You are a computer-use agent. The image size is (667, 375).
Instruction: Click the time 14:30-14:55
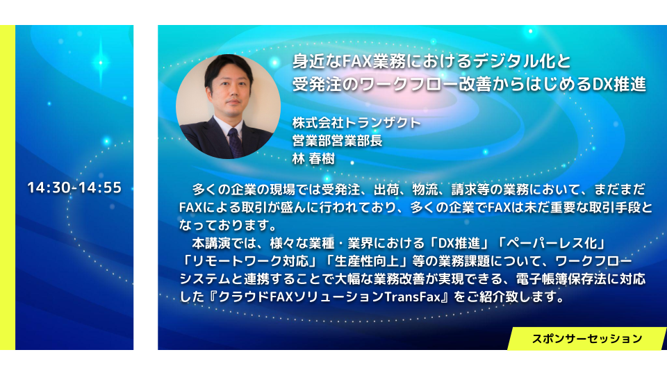[x=74, y=187]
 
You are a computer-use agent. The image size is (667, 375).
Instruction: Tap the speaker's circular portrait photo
[x=228, y=106]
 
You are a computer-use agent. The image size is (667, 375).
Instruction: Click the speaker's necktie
[x=236, y=142]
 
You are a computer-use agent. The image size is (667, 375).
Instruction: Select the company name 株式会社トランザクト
[x=356, y=123]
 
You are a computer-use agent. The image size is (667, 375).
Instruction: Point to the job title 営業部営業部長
[x=338, y=141]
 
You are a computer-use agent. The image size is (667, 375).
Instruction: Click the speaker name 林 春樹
[x=313, y=158]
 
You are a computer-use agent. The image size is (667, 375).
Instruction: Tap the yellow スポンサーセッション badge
[x=586, y=338]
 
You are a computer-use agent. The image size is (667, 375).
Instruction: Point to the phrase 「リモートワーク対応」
[x=251, y=261]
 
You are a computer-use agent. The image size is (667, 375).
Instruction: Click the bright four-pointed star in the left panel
[x=101, y=62]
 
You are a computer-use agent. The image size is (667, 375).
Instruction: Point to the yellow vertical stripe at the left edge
[x=8, y=187]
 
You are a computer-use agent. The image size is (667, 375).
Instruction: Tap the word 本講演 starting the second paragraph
[x=211, y=243]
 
